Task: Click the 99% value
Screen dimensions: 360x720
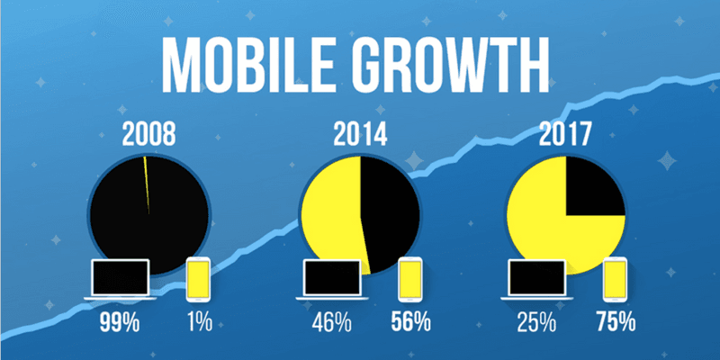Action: point(119,322)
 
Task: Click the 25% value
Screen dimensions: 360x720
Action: point(537,322)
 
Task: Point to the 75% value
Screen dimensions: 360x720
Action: point(616,322)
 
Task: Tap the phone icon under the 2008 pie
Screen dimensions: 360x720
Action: point(199,280)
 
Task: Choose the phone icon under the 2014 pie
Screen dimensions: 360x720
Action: point(411,280)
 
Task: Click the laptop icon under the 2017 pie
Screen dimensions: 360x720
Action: point(538,280)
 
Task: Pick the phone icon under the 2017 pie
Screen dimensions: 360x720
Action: point(616,280)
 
